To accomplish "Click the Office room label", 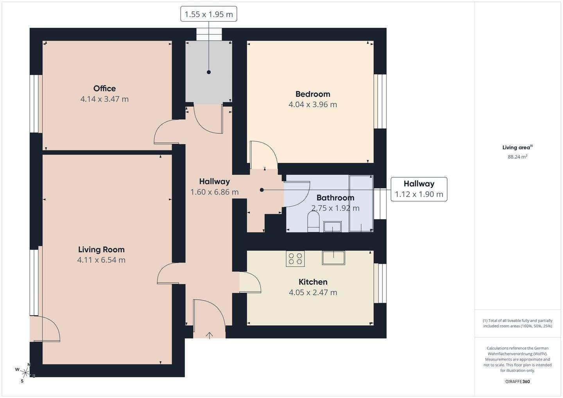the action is click(104, 88).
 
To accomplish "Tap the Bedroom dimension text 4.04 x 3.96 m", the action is click(313, 104).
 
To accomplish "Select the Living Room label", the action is click(101, 250).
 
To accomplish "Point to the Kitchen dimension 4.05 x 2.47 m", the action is click(313, 293).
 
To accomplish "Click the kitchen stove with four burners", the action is click(295, 259).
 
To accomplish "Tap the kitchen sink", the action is click(333, 258).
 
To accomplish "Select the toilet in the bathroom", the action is click(314, 221).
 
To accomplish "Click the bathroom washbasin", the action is click(332, 227).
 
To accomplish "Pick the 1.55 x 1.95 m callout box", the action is click(209, 14).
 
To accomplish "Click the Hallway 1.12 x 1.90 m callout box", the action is click(419, 189).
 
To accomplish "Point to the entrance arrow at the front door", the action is click(210, 336).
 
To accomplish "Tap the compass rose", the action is click(25, 373).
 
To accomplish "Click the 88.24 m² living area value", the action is click(518, 157).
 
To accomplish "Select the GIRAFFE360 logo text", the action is click(518, 382).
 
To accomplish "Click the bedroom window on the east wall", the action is click(380, 102).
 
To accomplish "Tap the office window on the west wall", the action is click(36, 104).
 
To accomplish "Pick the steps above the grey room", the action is click(209, 34).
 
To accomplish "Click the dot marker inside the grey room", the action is click(209, 72).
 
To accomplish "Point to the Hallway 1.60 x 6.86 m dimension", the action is click(214, 192).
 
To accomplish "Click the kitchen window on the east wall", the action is click(380, 283).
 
